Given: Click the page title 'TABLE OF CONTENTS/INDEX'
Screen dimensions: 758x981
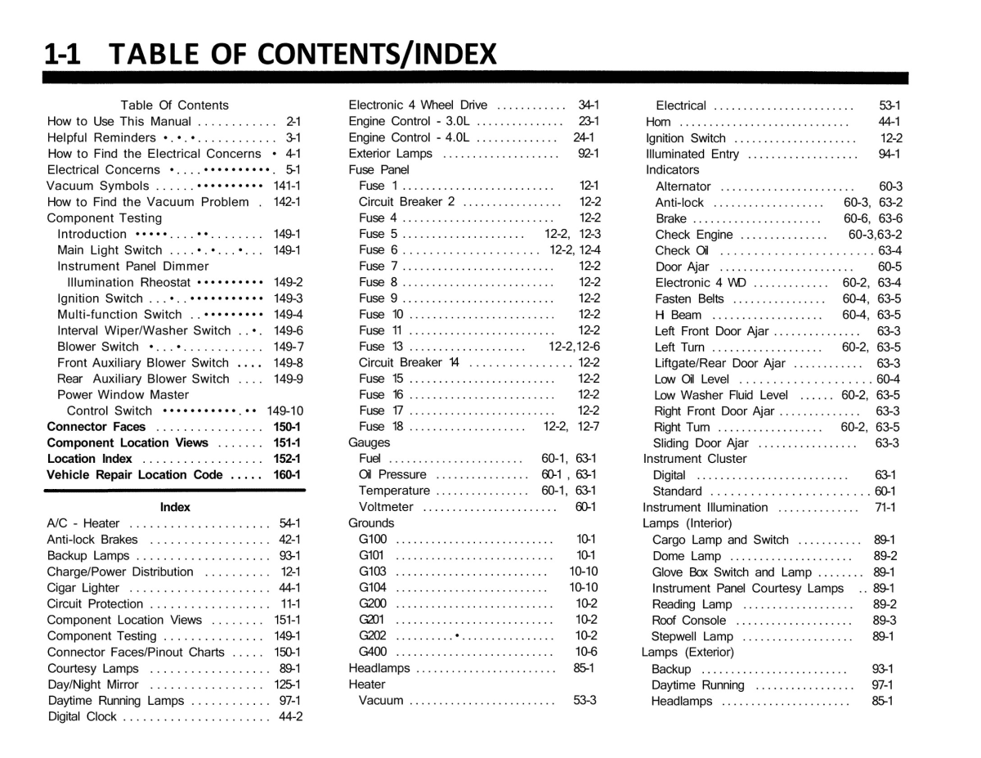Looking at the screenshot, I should [x=302, y=54].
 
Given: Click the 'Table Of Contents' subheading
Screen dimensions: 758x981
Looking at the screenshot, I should [x=174, y=105].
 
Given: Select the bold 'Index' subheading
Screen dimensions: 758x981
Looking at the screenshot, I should [x=175, y=507].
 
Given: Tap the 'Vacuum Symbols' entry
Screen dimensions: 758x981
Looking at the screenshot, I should [x=98, y=186].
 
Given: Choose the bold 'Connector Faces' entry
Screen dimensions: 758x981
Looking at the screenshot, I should [x=96, y=427].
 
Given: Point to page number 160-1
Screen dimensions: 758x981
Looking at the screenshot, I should [x=287, y=475].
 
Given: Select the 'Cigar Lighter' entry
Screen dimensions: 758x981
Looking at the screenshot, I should [x=83, y=588].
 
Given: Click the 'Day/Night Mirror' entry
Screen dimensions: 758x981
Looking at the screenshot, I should [x=93, y=684].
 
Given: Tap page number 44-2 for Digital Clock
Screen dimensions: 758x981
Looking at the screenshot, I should [x=289, y=717].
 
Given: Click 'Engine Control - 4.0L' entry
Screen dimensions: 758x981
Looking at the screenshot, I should [x=409, y=137].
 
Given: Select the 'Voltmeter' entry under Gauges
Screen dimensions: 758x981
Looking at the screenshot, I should [x=386, y=507].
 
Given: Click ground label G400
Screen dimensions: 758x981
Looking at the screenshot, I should [x=373, y=652].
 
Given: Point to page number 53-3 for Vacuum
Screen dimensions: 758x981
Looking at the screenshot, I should [x=584, y=700].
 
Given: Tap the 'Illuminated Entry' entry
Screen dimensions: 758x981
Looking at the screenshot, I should [x=693, y=154].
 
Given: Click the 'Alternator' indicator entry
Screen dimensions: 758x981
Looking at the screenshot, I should [x=683, y=186].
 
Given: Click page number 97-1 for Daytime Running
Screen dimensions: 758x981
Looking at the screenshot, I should [x=882, y=685].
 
